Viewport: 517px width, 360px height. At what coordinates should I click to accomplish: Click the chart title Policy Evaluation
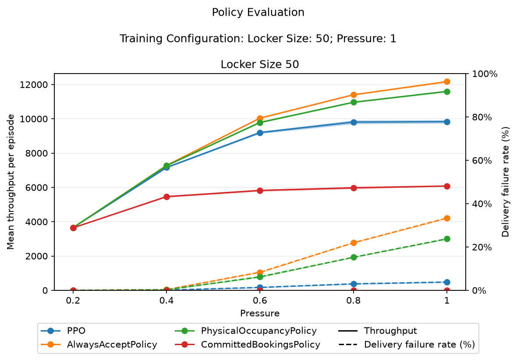[258, 12]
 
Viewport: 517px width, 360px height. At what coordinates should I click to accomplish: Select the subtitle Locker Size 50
[260, 64]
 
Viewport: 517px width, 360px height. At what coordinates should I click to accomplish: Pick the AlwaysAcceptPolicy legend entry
[99, 345]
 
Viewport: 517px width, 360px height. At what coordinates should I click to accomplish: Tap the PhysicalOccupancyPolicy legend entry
[246, 331]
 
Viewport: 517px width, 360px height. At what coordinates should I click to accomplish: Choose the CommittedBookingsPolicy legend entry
[247, 345]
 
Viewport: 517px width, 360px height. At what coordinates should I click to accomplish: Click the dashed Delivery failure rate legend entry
[407, 345]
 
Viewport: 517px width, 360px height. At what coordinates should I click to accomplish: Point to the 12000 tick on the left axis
[34, 85]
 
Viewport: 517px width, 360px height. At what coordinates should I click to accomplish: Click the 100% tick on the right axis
[485, 74]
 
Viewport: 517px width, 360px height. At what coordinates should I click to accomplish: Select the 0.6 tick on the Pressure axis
[260, 300]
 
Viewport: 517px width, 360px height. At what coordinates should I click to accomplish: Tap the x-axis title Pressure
[260, 313]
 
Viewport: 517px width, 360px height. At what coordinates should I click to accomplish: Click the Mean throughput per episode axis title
[11, 182]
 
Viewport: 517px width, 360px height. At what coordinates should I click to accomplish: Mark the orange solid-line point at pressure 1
[447, 82]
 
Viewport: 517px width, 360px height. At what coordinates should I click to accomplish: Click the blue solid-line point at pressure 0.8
[354, 122]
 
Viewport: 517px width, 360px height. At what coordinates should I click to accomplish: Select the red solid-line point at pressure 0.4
[166, 197]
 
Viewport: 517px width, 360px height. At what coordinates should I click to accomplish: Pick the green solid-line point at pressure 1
[447, 92]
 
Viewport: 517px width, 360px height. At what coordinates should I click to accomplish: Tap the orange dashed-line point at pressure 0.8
[354, 243]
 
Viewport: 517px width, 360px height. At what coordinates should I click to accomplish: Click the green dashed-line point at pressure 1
[447, 239]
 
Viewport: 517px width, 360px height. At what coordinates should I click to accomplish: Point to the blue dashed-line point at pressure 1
[447, 282]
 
